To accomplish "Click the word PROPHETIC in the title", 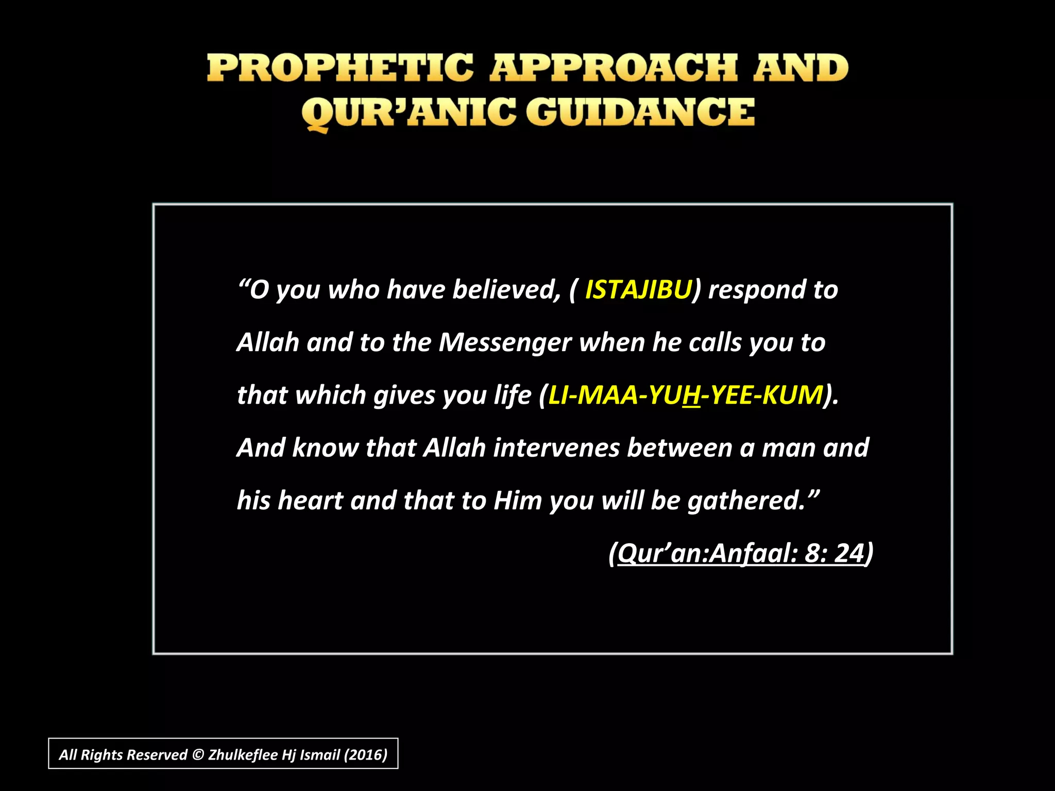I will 340,68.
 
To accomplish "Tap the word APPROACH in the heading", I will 614,68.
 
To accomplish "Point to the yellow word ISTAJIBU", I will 638,290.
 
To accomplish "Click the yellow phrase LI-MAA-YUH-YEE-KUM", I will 686,395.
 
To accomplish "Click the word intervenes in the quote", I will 556,448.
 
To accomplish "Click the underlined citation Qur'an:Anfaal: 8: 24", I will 740,554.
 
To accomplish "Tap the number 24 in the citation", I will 848,554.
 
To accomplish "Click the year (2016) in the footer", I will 365,755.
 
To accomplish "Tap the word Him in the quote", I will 517,501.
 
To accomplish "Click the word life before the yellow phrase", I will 512,395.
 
